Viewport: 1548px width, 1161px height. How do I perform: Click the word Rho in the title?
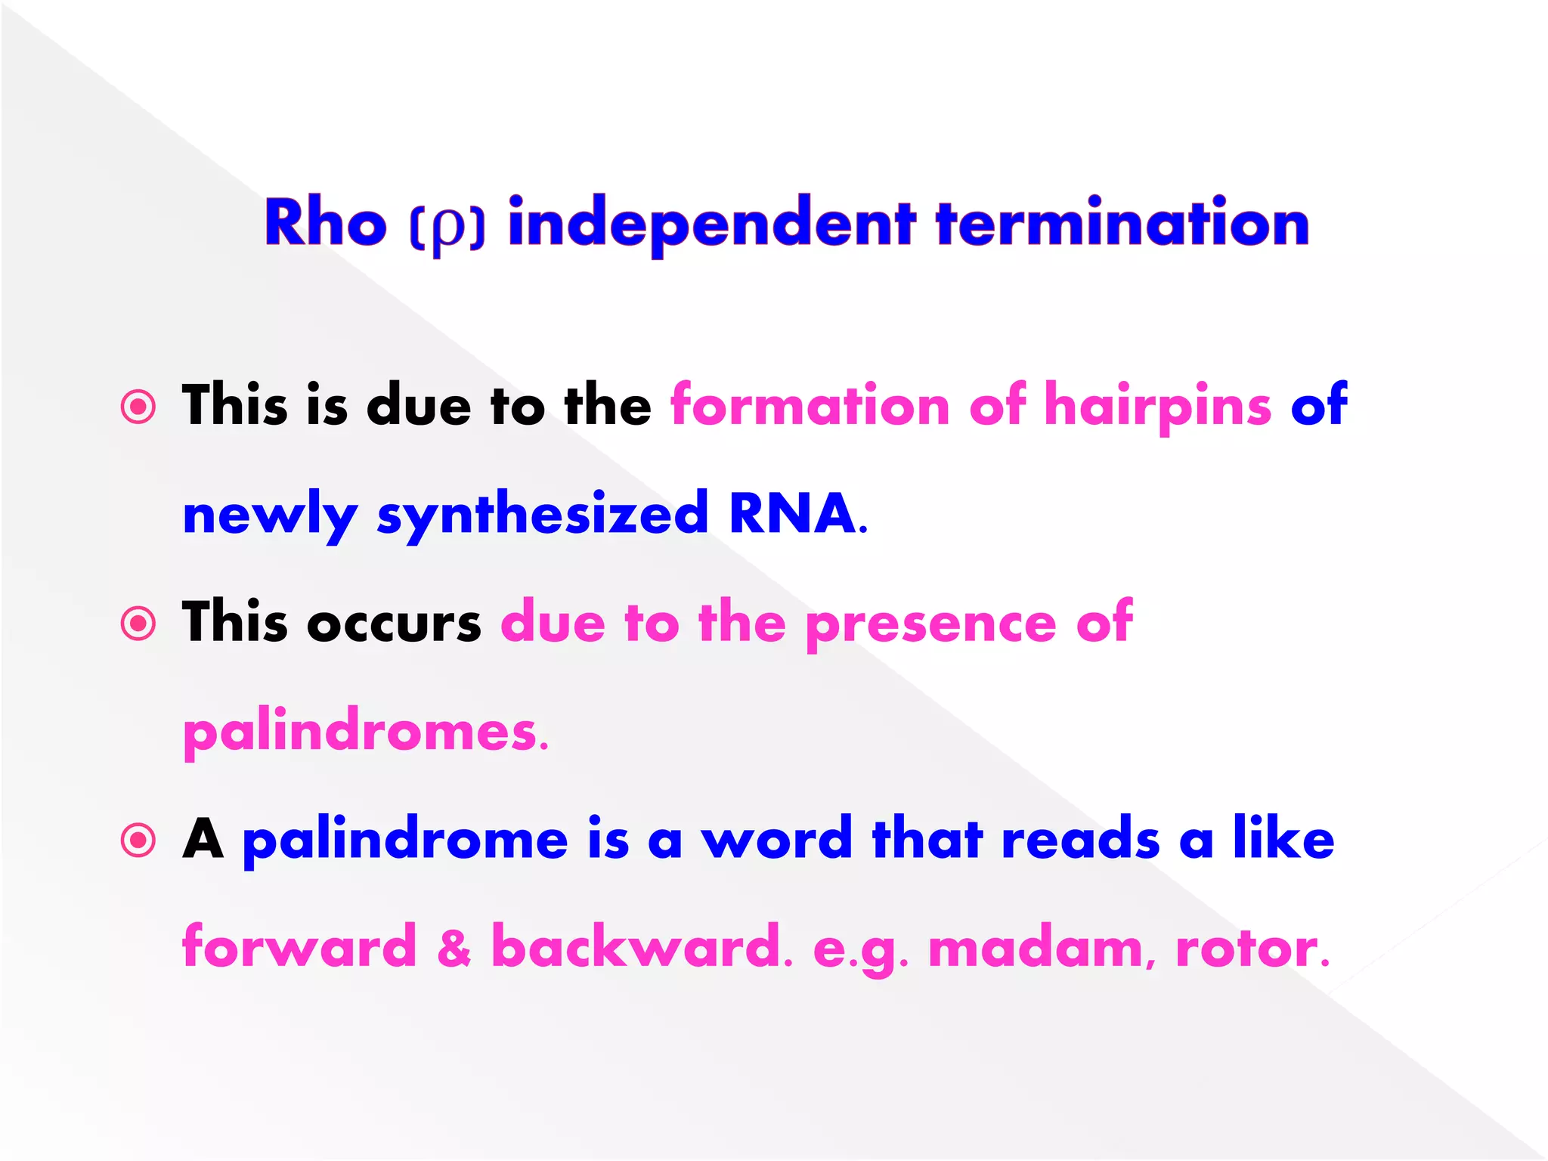click(325, 224)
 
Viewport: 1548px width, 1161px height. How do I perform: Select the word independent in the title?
click(711, 224)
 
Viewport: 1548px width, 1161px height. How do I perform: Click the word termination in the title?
click(1122, 224)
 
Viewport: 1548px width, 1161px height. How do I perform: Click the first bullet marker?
click(138, 407)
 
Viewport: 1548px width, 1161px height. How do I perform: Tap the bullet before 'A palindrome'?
click(138, 841)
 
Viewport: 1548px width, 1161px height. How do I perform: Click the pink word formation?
click(810, 406)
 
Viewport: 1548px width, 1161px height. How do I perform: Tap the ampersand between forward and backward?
click(454, 948)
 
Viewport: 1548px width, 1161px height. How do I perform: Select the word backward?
click(636, 946)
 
